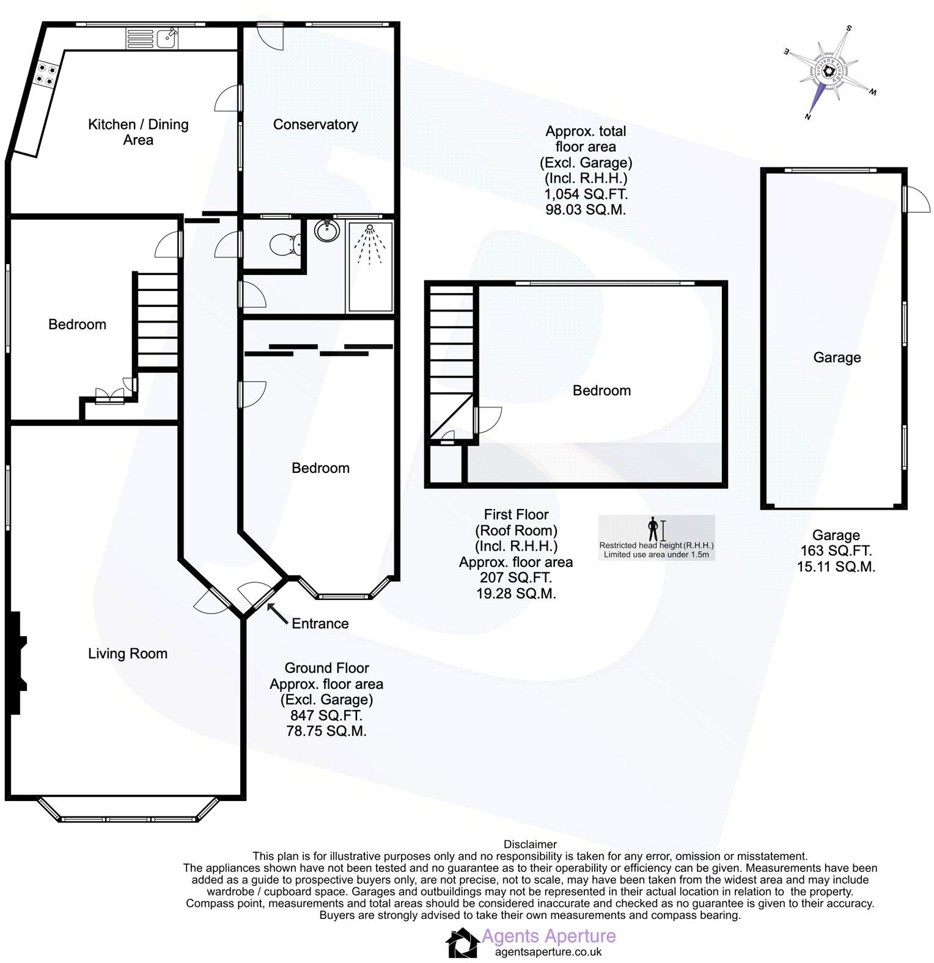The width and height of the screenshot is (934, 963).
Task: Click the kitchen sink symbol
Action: coord(166,38)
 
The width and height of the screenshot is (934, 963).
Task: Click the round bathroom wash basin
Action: coord(326,231)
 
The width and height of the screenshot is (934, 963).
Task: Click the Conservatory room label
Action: coord(315,125)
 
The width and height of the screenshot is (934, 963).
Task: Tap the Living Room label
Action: coord(128,654)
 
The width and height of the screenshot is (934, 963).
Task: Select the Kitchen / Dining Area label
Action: coord(138,132)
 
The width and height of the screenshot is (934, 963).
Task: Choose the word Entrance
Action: coord(320,624)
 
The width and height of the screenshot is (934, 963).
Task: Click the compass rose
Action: coord(829,72)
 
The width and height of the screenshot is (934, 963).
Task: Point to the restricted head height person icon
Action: coord(653,529)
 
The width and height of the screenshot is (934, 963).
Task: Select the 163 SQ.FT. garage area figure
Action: coord(836,551)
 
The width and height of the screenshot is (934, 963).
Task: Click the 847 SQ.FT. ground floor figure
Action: coord(326,716)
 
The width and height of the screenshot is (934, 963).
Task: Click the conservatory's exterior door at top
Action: coord(270,37)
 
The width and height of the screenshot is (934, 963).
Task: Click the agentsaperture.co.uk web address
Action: coord(548,951)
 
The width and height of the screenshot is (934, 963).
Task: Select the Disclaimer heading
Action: coord(530,844)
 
